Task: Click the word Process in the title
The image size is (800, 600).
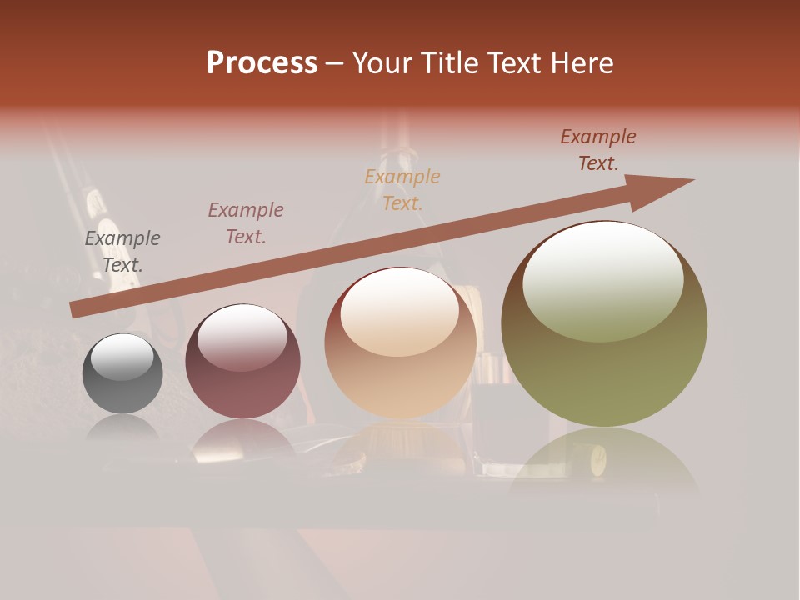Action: (x=262, y=63)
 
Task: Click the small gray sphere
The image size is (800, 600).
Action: (x=122, y=373)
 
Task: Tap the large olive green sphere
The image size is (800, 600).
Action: (x=604, y=350)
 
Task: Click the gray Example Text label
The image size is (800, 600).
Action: (x=122, y=252)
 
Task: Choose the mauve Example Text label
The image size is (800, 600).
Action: (x=245, y=223)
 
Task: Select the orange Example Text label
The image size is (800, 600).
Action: (x=402, y=190)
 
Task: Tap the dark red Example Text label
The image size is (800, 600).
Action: (x=598, y=150)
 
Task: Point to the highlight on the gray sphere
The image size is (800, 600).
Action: (x=122, y=357)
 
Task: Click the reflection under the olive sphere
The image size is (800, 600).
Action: (x=603, y=462)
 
